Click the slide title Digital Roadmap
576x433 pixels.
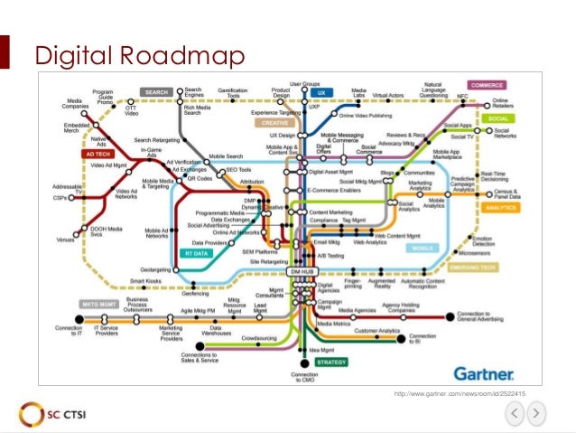(x=139, y=56)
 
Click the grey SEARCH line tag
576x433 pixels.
(x=156, y=91)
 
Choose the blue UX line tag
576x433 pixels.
(x=318, y=92)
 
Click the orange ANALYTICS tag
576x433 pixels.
(x=496, y=207)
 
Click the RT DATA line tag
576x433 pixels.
(x=197, y=254)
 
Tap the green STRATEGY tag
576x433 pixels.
(x=332, y=362)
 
